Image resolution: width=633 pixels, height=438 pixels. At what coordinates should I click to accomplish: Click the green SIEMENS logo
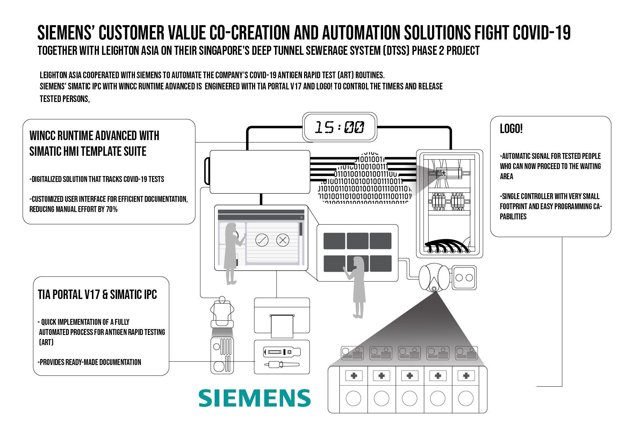(x=254, y=398)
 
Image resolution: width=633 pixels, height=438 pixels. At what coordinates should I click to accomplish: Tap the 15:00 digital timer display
(x=339, y=127)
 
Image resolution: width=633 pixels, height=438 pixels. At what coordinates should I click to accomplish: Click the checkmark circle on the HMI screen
(x=262, y=240)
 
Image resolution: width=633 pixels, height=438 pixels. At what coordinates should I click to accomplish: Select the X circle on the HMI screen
(x=283, y=240)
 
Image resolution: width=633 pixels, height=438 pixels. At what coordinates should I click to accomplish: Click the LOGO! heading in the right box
(x=511, y=129)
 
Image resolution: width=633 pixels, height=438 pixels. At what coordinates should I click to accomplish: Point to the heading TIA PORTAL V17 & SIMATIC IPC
(x=97, y=295)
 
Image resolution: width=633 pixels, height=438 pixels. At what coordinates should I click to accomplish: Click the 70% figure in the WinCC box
(x=112, y=210)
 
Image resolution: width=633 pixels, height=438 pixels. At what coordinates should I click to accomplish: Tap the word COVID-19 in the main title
(x=541, y=33)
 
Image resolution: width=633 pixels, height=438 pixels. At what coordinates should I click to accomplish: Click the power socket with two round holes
(x=464, y=278)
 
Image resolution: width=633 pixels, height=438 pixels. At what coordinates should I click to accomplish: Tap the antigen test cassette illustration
(x=281, y=352)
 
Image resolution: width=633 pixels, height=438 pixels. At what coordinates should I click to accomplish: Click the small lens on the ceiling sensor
(x=434, y=289)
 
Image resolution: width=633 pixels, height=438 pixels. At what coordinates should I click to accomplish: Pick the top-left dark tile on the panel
(x=334, y=241)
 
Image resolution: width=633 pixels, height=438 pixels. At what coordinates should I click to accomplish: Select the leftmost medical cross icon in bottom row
(x=354, y=376)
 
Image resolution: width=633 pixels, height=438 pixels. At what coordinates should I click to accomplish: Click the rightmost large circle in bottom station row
(x=466, y=398)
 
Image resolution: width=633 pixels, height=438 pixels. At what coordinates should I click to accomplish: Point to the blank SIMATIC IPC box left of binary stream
(x=260, y=171)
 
